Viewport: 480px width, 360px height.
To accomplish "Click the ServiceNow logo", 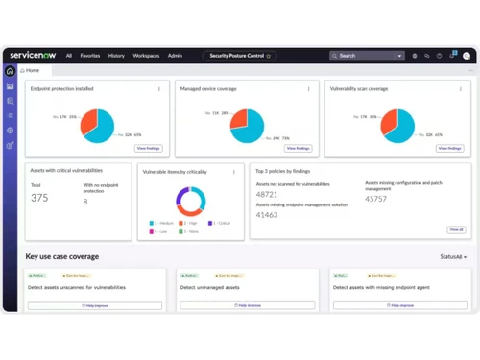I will tap(33, 56).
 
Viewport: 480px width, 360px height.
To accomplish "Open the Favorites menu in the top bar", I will tap(89, 56).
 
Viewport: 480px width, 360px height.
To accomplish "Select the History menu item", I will tap(116, 56).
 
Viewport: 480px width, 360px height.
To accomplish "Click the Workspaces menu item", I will tap(147, 56).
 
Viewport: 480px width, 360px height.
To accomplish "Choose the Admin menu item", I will tap(176, 56).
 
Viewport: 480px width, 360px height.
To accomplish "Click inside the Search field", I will tap(365, 56).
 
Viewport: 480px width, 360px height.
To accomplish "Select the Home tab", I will tap(33, 71).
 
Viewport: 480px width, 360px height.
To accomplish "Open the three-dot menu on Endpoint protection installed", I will tap(159, 89).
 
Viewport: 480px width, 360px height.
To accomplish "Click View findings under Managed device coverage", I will tap(298, 149).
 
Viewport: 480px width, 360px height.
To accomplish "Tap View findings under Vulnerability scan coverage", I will tap(449, 149).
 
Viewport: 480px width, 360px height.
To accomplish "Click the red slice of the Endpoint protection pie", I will tap(89, 121).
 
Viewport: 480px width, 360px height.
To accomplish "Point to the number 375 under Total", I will tap(39, 199).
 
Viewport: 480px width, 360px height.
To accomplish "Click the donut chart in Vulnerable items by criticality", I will tap(190, 201).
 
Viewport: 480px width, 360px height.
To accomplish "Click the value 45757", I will tap(376, 200).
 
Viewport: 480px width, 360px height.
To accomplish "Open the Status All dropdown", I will tap(453, 257).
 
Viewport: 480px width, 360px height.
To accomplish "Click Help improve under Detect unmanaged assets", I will tap(249, 305).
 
